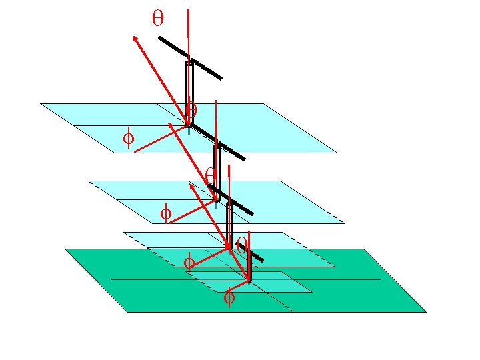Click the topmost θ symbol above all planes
[158, 19]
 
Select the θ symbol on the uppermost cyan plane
[192, 109]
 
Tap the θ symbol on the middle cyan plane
[210, 175]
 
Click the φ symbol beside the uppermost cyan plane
[128, 139]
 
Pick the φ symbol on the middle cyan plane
[166, 214]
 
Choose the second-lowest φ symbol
[189, 261]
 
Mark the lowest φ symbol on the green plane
[229, 297]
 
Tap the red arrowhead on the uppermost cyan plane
[171, 124]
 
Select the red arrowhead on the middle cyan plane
[193, 187]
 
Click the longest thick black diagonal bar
[190, 58]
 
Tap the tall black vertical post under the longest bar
[189, 93]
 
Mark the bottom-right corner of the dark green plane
[425, 311]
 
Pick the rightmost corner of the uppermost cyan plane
[337, 153]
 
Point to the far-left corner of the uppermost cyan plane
[41, 104]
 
